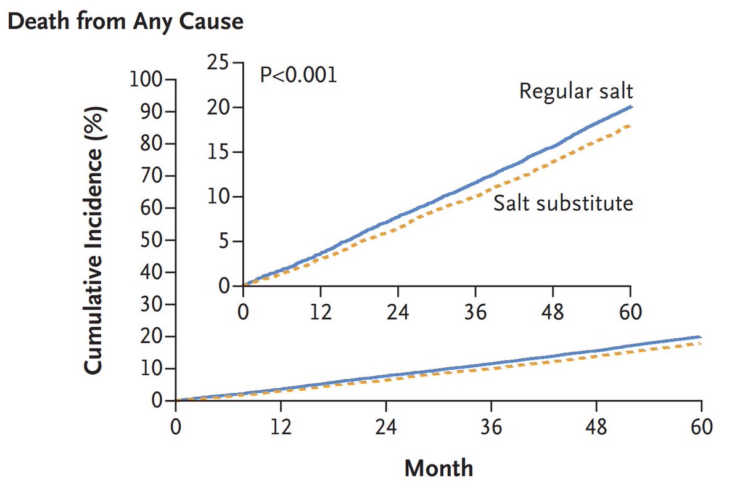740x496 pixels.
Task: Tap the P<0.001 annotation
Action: coord(298,76)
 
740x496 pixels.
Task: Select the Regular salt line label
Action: coord(576,91)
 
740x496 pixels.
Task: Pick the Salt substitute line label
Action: coord(563,203)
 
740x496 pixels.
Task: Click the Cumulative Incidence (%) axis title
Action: coord(93,240)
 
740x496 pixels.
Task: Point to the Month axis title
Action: coord(438,468)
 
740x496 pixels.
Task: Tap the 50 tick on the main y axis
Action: coord(150,240)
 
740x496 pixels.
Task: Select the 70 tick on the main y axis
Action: coord(150,176)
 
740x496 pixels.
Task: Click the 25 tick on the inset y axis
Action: coord(218,63)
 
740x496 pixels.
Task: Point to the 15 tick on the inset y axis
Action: coord(218,152)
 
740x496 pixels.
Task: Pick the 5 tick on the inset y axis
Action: coord(223,242)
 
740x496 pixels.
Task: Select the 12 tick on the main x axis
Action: coord(281,426)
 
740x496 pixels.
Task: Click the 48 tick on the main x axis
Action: coord(596,426)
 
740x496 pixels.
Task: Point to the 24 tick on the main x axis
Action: coord(386,426)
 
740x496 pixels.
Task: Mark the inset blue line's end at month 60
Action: coord(630,107)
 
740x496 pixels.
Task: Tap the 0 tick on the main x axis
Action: coord(176,426)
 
